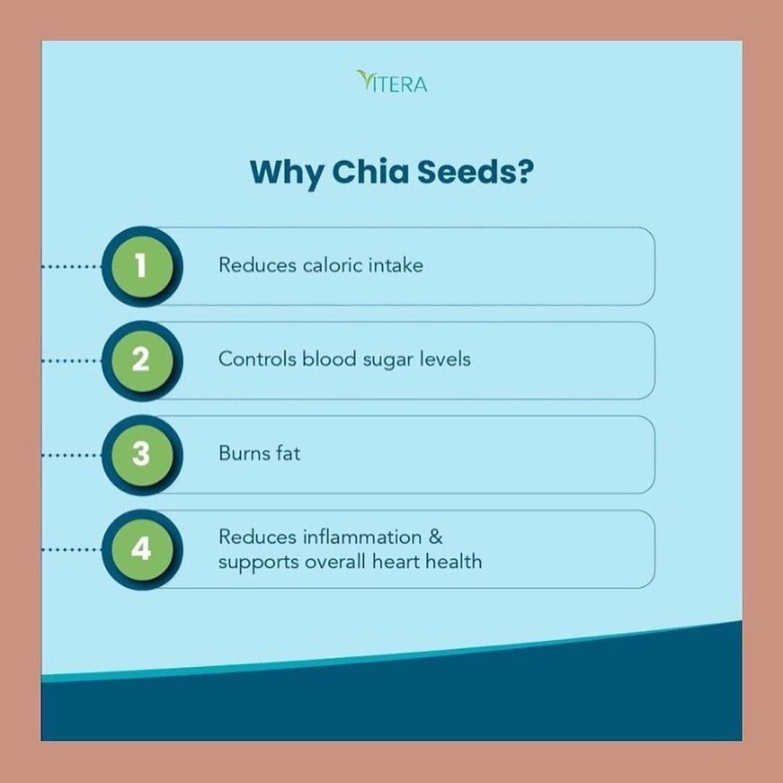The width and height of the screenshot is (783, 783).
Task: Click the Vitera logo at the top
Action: pyautogui.click(x=392, y=82)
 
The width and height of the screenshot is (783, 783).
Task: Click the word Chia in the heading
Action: pyautogui.click(x=370, y=171)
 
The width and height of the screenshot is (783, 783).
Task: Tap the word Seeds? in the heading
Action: pyautogui.click(x=476, y=171)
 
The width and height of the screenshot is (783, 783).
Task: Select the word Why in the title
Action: pyautogui.click(x=286, y=173)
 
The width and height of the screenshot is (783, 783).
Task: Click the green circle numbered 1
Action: pyautogui.click(x=142, y=265)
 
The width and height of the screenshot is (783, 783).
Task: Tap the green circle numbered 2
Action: pyautogui.click(x=142, y=360)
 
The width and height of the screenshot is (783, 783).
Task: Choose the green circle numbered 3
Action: pyautogui.click(x=142, y=455)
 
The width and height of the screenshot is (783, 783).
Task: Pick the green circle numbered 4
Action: pyautogui.click(x=142, y=549)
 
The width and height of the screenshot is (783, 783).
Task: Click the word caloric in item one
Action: pyautogui.click(x=333, y=265)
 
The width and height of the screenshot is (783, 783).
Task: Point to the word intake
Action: pyautogui.click(x=396, y=265)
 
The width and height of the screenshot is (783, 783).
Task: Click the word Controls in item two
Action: pyautogui.click(x=257, y=359)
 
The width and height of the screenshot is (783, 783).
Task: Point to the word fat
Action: pyautogui.click(x=288, y=453)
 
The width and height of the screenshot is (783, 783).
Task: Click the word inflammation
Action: pyautogui.click(x=362, y=537)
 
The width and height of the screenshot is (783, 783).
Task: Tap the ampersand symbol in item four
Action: pyautogui.click(x=436, y=537)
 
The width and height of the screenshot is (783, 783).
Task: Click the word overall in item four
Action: pyautogui.click(x=336, y=562)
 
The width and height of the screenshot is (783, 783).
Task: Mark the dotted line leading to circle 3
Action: pyautogui.click(x=72, y=455)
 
